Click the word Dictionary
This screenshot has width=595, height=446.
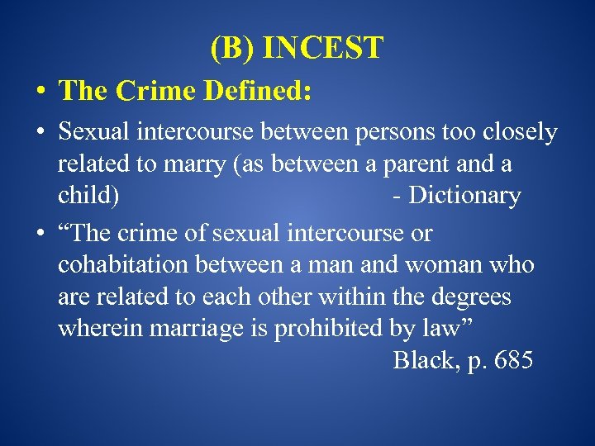point(464,197)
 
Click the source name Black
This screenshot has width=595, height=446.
point(423,361)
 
